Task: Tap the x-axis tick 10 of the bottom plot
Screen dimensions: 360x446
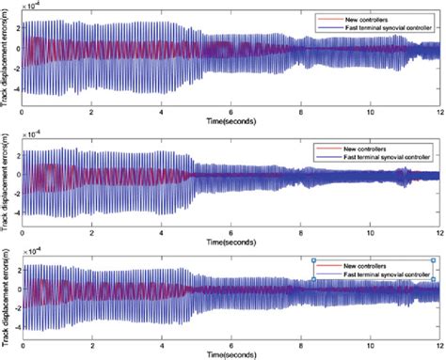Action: click(371, 345)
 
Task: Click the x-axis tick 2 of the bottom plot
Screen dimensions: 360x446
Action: click(91, 345)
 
